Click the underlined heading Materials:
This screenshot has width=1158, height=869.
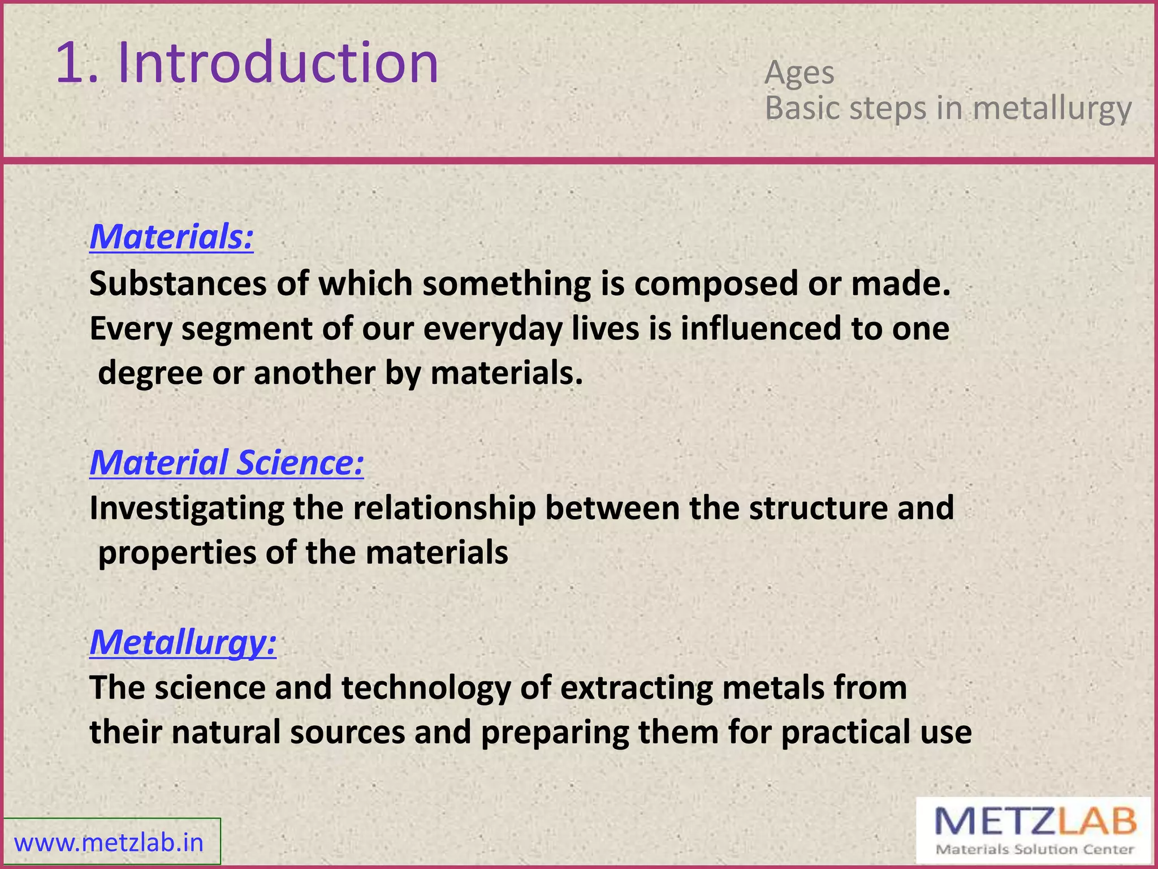[x=171, y=236]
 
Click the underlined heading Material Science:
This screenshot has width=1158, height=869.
[x=226, y=462]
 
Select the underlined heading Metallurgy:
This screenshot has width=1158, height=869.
[x=183, y=642]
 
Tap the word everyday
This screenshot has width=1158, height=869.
[x=492, y=329]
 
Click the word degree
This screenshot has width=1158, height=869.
[x=150, y=374]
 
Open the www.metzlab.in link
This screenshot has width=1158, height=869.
[x=109, y=843]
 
